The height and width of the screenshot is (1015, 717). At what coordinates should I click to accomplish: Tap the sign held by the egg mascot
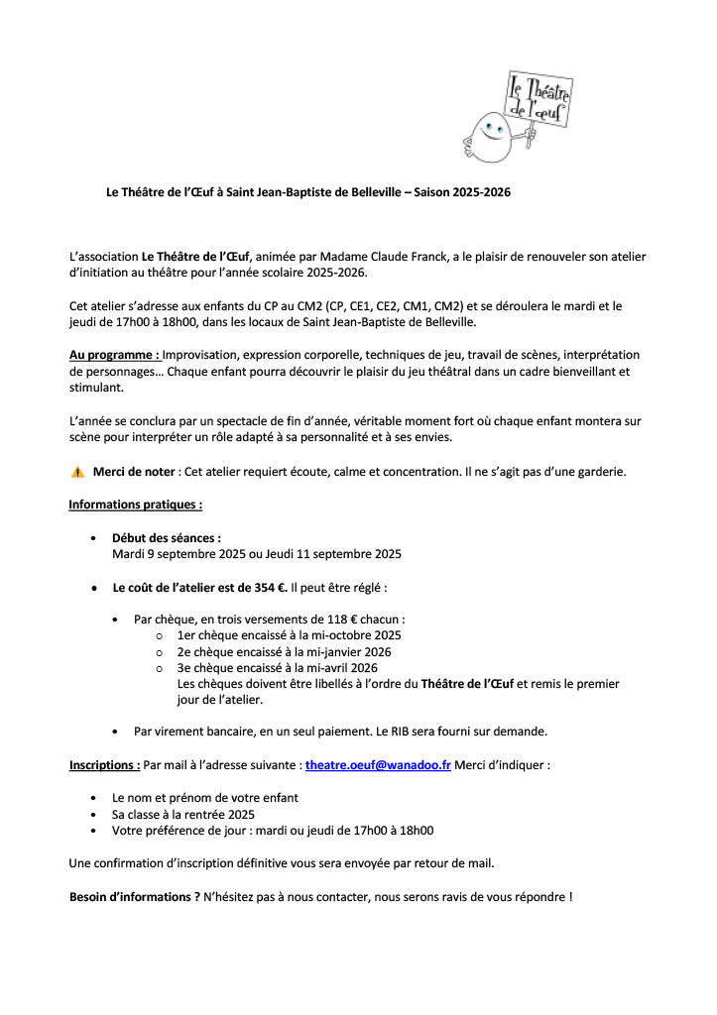pos(540,100)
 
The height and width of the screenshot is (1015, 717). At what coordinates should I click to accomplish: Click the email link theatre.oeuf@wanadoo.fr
pos(378,765)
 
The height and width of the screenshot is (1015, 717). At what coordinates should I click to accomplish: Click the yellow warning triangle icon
pos(77,472)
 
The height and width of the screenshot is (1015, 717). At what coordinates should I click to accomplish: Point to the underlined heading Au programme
pos(114,354)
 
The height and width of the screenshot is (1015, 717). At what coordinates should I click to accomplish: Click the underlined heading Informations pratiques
pos(135,505)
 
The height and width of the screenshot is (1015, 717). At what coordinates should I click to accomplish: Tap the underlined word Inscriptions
pos(104,765)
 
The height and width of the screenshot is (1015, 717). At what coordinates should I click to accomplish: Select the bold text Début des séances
pos(166,538)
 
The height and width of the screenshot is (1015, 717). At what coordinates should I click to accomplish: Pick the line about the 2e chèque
pos(284,651)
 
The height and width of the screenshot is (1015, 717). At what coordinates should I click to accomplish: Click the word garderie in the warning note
pos(597,472)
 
